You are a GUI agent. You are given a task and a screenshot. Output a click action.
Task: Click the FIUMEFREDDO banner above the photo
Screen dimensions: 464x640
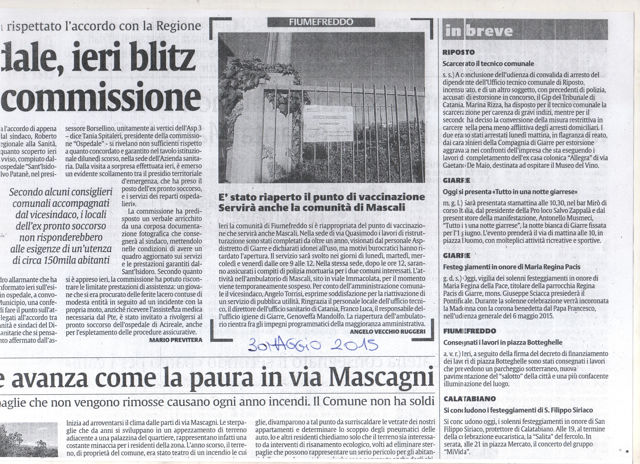[321, 22]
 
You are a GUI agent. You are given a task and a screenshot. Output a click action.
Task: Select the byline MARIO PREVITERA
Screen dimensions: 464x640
[176, 340]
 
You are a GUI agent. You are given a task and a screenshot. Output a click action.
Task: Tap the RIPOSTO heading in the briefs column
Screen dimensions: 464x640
[458, 52]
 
